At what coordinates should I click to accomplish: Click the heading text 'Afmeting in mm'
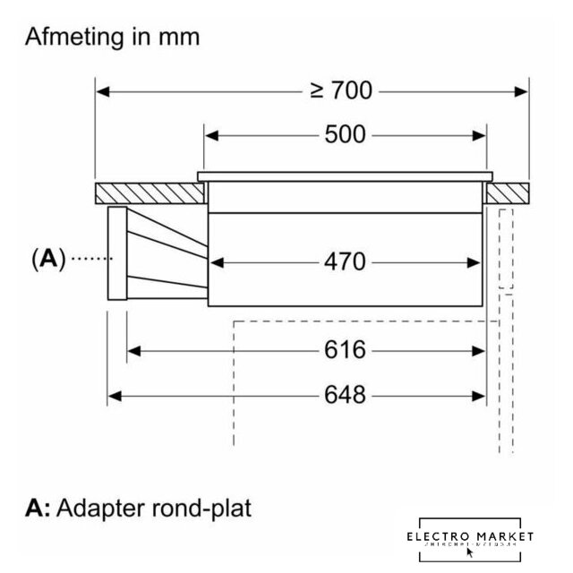(x=113, y=38)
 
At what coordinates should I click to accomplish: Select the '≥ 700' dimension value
(x=341, y=90)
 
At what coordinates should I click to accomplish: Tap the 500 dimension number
(x=345, y=134)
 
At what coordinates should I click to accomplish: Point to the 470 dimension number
(x=345, y=261)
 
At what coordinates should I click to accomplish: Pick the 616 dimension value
(x=345, y=350)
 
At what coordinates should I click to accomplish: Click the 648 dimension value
(x=345, y=394)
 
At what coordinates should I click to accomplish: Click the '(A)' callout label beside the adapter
(x=47, y=259)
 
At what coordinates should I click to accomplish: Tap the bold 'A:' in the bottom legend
(x=38, y=509)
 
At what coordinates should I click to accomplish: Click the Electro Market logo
(x=469, y=537)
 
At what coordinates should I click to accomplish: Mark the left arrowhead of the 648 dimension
(x=114, y=394)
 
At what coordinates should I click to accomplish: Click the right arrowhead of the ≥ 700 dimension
(x=522, y=90)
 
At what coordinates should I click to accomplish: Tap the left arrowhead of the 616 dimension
(x=134, y=350)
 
